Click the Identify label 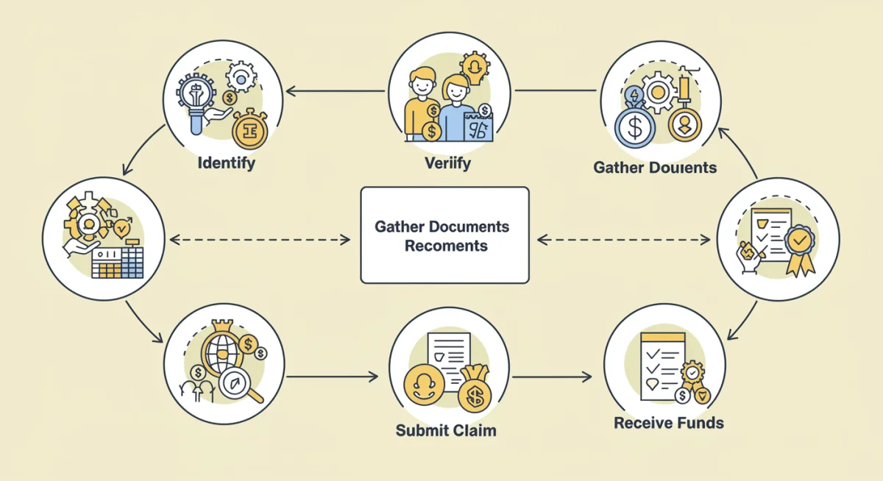pyautogui.click(x=226, y=162)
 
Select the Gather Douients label pyautogui.click(x=655, y=168)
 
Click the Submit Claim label pyautogui.click(x=446, y=430)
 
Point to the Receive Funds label pyautogui.click(x=669, y=423)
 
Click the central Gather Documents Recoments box pyautogui.click(x=444, y=235)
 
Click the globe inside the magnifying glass pyautogui.click(x=224, y=357)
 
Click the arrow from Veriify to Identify pyautogui.click(x=335, y=92)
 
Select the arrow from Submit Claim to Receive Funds pyautogui.click(x=552, y=377)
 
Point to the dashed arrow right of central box pyautogui.click(x=624, y=240)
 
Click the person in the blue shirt pyautogui.click(x=457, y=110)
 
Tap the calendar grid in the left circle pyautogui.click(x=118, y=261)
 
